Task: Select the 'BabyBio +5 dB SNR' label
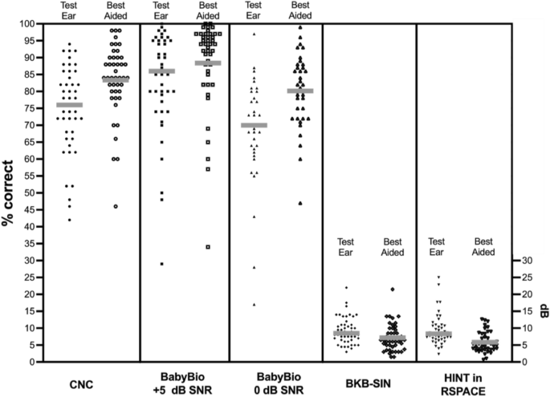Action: click(x=185, y=383)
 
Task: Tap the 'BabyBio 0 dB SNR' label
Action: click(x=276, y=383)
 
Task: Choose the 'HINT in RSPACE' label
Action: click(x=462, y=383)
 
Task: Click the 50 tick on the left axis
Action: click(x=28, y=192)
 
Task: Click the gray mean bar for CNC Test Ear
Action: click(x=69, y=105)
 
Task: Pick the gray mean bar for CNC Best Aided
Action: click(x=115, y=79)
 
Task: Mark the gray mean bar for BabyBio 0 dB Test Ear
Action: click(x=254, y=125)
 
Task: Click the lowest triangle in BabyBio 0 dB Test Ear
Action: click(x=254, y=304)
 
